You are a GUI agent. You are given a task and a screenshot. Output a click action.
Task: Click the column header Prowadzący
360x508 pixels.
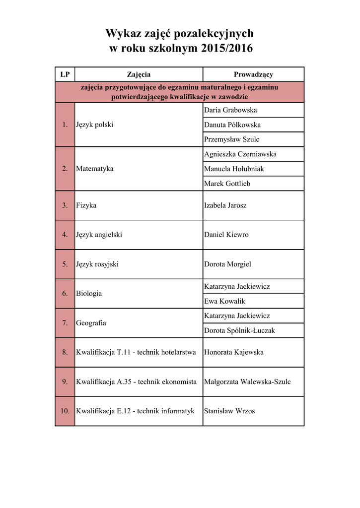point(253,74)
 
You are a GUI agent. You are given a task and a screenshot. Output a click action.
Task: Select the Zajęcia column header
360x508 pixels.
point(139,74)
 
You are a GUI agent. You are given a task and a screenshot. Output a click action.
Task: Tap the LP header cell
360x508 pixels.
point(65,74)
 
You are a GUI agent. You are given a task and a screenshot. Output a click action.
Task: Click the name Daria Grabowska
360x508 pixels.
point(230,110)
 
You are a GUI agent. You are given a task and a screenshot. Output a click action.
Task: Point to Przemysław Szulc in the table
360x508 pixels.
point(231,139)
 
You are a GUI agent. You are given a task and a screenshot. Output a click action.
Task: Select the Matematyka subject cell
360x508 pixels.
point(95,169)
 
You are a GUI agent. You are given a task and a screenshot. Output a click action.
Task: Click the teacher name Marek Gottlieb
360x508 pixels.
point(227,184)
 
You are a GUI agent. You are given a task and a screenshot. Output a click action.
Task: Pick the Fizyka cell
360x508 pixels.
point(86,205)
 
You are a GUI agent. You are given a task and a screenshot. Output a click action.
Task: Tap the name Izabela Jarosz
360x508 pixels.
point(225,205)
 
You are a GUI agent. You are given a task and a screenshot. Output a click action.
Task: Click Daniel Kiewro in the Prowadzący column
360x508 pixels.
point(226,235)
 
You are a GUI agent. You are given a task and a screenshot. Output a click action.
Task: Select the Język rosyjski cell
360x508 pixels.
point(97,264)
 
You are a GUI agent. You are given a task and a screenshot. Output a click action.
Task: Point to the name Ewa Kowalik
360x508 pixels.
point(224,301)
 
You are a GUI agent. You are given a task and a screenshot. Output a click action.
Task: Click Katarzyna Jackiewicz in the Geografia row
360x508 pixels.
point(237,316)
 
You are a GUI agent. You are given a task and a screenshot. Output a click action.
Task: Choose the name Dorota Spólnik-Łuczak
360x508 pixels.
point(239,330)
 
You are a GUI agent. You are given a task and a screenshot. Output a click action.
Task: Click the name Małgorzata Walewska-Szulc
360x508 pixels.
point(247,381)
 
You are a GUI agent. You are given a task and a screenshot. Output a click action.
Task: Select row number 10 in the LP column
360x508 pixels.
point(65,411)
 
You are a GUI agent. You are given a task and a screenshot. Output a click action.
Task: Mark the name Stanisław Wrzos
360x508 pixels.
point(229,411)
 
